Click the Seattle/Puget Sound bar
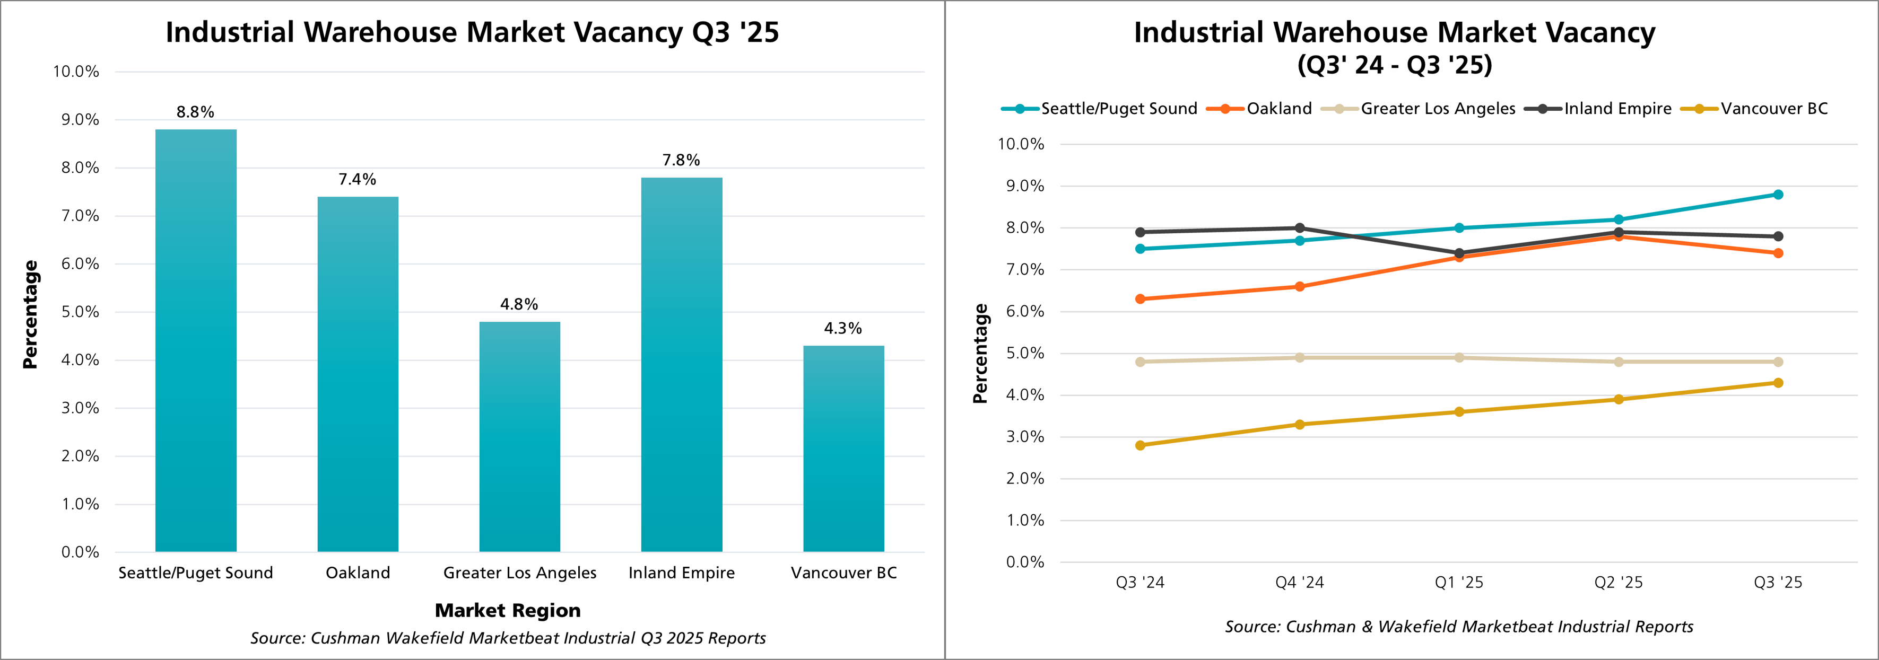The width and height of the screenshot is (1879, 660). pos(195,340)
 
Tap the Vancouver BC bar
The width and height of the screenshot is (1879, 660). pos(843,448)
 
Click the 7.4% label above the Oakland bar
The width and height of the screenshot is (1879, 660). pos(358,179)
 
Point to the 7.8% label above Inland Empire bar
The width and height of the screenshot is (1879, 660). pos(681,160)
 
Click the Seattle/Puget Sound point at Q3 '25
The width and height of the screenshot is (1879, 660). pos(1778,195)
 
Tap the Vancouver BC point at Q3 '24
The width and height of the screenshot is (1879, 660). pos(1140,445)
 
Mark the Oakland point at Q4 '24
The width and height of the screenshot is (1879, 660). pos(1300,287)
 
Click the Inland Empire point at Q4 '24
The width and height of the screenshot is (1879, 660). pos(1300,228)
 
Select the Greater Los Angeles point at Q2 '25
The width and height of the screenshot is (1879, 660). pos(1619,362)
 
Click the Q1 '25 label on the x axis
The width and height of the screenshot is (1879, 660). pos(1459,582)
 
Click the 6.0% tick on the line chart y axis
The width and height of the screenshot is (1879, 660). pos(1025,311)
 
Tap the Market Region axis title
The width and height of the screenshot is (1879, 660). pos(508,610)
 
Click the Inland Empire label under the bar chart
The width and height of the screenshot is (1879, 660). pos(681,573)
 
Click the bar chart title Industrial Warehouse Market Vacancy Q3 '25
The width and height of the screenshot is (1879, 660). pos(472,32)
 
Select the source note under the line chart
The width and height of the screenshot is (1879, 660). pos(1459,627)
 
